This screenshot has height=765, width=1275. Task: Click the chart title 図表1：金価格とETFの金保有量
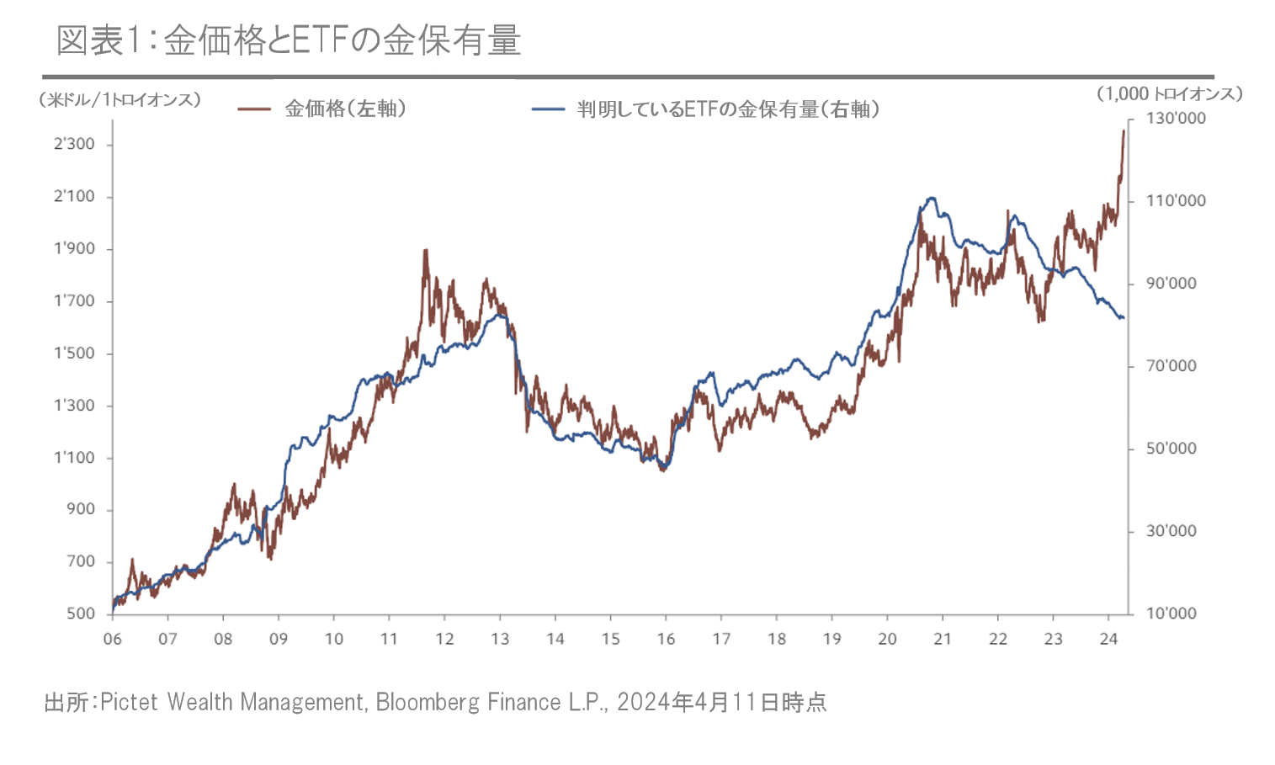pos(289,40)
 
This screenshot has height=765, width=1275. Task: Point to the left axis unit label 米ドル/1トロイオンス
pos(120,100)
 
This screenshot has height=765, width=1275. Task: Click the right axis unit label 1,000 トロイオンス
pos(1169,94)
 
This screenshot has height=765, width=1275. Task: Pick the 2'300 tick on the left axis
pos(75,144)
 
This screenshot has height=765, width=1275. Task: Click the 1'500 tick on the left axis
pos(75,353)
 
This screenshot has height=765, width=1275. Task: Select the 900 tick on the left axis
pos(81,509)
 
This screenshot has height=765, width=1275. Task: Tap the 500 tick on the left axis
pos(81,614)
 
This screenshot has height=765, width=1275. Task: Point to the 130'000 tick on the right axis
pos(1176,119)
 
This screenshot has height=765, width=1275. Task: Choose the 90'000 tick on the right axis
pos(1171,284)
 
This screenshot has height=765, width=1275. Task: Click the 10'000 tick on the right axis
pos(1171,614)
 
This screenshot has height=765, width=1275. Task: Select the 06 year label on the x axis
pos(112,639)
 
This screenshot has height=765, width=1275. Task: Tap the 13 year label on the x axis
pos(500,639)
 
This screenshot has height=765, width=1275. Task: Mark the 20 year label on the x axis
pos(887,639)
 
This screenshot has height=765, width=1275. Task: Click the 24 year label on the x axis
pos(1108,639)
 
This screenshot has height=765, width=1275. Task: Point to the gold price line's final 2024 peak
pos(1124,131)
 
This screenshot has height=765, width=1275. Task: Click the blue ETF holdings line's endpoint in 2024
pos(1124,317)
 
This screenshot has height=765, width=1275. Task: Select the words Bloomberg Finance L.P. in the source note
pos(491,702)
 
